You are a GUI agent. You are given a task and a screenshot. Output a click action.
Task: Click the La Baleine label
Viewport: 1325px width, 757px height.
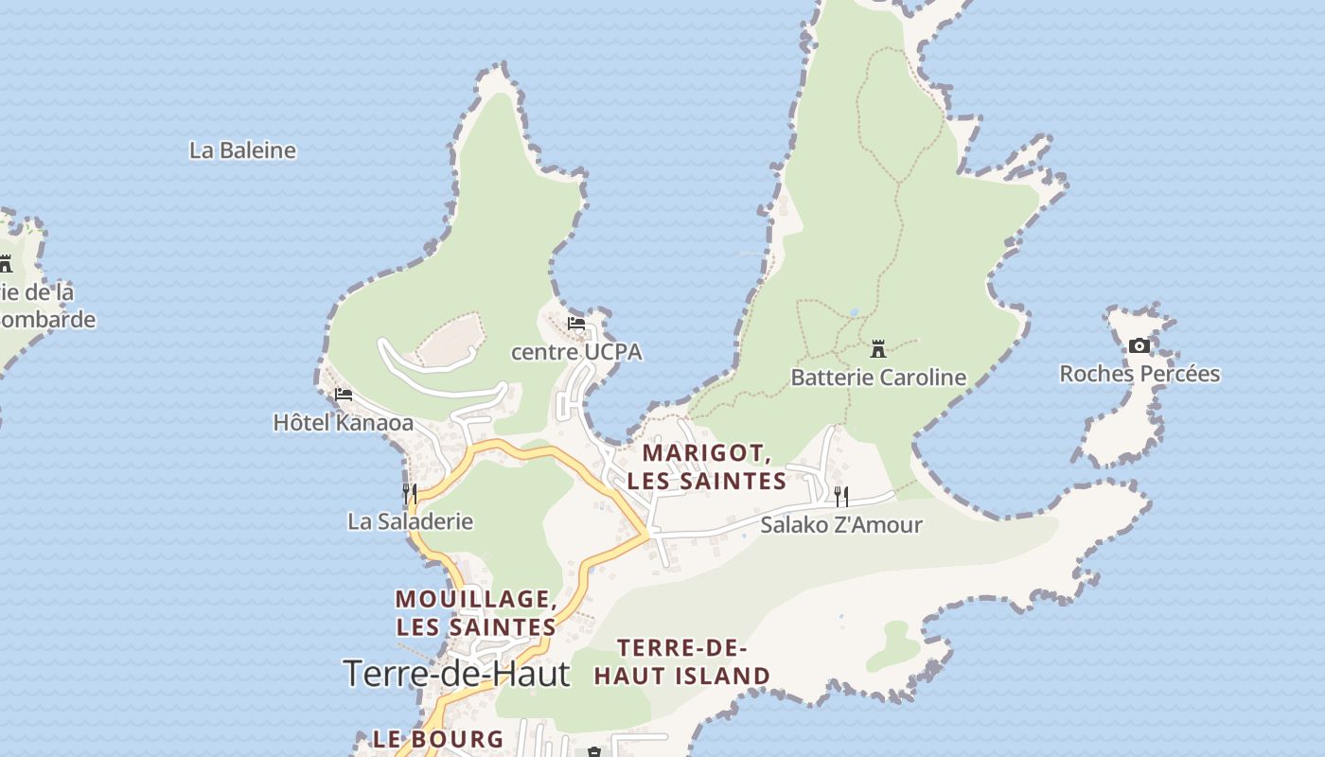tap(242, 150)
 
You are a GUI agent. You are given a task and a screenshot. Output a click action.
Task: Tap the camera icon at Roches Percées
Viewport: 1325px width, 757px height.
tap(1139, 346)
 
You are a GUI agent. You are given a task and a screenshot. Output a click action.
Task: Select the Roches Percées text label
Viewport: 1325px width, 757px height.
tap(1139, 374)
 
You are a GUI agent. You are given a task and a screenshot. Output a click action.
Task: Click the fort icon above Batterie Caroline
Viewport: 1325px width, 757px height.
tap(878, 349)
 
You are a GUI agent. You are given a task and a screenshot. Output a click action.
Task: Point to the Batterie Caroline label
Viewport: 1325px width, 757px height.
tap(878, 378)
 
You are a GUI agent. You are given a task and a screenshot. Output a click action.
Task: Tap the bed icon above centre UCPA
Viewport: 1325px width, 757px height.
tap(576, 325)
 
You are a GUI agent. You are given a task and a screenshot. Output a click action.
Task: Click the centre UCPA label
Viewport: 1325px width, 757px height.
tap(576, 352)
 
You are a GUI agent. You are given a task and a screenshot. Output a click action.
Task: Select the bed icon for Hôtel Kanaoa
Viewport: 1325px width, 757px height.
tap(343, 395)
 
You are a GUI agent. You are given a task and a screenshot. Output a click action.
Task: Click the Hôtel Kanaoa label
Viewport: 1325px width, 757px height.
tap(343, 423)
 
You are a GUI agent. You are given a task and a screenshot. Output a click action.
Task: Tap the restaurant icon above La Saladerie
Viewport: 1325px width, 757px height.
tap(410, 493)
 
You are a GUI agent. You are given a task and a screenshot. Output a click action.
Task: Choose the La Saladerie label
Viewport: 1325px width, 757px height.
tap(410, 521)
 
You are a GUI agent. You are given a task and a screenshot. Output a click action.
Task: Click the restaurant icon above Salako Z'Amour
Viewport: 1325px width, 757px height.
tap(840, 496)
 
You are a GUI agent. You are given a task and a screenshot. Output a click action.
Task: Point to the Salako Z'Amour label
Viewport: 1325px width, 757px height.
tap(840, 524)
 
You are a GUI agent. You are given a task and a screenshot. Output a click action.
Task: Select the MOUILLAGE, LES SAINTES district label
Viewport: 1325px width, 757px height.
tap(475, 612)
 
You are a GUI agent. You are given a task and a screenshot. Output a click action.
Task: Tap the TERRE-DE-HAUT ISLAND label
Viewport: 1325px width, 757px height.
tap(681, 662)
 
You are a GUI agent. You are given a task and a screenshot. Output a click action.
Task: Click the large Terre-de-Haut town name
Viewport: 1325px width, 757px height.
tap(457, 674)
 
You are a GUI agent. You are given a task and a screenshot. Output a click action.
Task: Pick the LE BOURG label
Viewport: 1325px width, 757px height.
tap(437, 739)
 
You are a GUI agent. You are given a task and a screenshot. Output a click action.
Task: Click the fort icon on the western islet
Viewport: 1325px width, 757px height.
tap(6, 264)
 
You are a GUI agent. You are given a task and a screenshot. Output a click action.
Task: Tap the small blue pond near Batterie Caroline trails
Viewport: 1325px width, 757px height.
tap(854, 311)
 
